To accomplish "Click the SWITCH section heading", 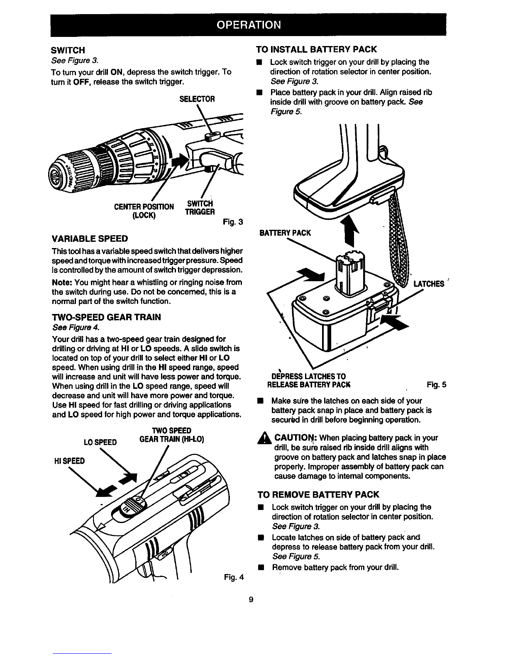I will (68, 50).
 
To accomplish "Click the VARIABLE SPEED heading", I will (89, 239).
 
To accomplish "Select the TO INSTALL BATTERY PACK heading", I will (317, 49).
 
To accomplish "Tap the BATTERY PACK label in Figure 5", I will (285, 233).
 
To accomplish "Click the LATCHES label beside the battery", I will (429, 284).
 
